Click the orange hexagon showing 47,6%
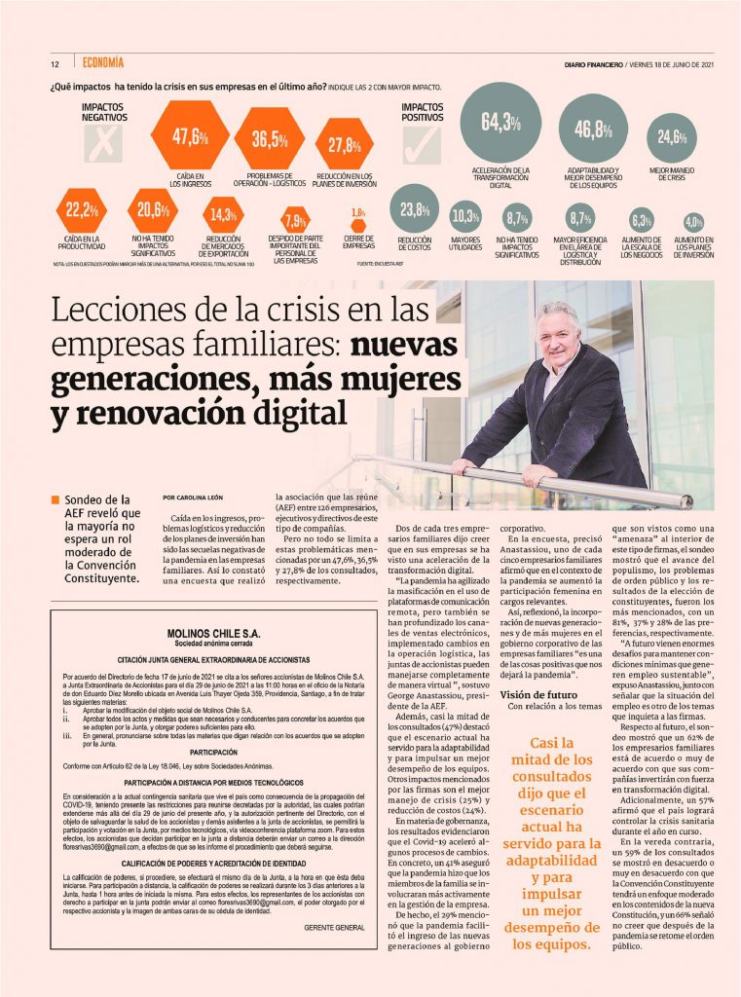click(192, 136)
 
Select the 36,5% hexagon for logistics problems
click(270, 139)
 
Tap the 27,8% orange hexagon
click(345, 145)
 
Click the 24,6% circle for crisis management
click(670, 136)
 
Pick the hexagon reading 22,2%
click(82, 209)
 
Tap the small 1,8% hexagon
click(358, 213)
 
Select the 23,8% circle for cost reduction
click(415, 209)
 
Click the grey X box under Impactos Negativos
click(102, 147)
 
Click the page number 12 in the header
click(56, 64)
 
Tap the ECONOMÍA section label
click(101, 63)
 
